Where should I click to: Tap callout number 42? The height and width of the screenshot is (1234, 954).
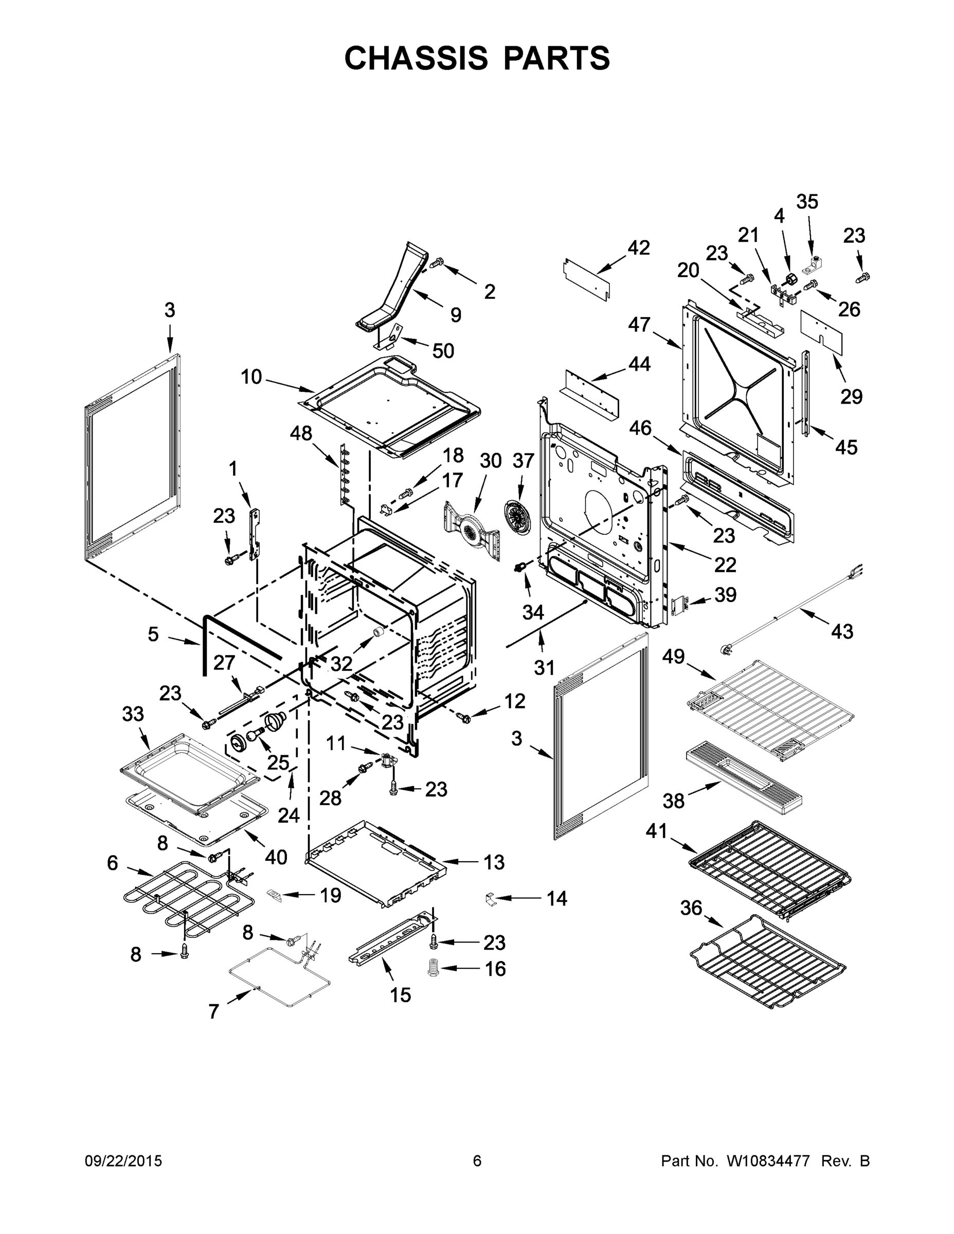pyautogui.click(x=639, y=247)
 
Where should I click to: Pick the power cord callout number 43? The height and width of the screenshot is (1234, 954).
pyautogui.click(x=841, y=631)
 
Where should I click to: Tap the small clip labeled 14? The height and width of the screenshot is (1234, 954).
pyautogui.click(x=490, y=898)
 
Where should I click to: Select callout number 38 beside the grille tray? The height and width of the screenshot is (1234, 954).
pyautogui.click(x=673, y=800)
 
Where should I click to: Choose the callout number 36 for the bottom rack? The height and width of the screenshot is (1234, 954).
pyautogui.click(x=691, y=908)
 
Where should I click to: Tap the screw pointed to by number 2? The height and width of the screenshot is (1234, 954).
pyautogui.click(x=437, y=263)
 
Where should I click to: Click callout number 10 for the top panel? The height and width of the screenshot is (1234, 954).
pyautogui.click(x=251, y=376)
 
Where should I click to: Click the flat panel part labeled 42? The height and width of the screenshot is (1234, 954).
pyautogui.click(x=587, y=278)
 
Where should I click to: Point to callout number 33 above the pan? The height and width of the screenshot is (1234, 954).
pyautogui.click(x=133, y=714)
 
